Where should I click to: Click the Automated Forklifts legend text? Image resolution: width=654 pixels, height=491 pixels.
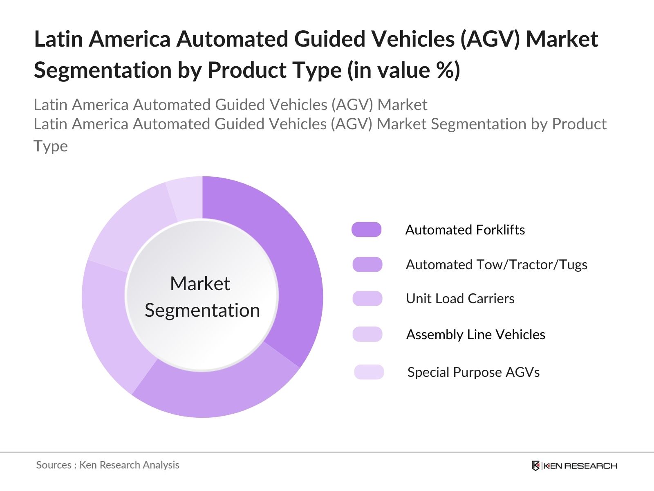click(x=465, y=230)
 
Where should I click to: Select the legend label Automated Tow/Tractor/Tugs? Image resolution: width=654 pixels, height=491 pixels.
click(x=496, y=265)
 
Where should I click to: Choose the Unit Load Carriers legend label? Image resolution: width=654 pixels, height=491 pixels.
click(x=460, y=299)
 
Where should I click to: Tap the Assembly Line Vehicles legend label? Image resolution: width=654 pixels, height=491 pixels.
click(x=475, y=335)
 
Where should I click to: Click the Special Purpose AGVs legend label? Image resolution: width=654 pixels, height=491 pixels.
click(x=473, y=372)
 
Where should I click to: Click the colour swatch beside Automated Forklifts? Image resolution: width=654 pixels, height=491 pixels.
click(x=367, y=230)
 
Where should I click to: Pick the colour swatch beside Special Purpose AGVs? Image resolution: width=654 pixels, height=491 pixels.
click(x=369, y=372)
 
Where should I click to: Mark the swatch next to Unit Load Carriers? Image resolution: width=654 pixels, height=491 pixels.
click(x=367, y=298)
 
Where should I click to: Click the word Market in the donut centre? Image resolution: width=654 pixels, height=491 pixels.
click(x=200, y=284)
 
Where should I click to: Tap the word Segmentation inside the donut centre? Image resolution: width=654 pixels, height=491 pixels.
click(x=202, y=310)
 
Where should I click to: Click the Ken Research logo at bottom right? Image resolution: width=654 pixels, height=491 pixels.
click(x=574, y=466)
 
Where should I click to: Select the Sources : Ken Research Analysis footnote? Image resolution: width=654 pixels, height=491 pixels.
click(x=108, y=465)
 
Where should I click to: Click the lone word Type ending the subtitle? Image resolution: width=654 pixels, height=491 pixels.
click(x=51, y=146)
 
